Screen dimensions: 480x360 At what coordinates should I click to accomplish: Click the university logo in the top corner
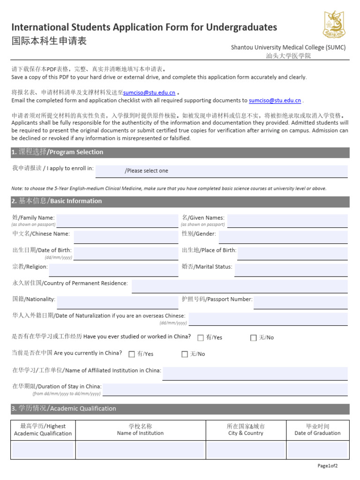tap(334, 25)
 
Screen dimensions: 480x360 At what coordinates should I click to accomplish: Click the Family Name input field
tap(117, 221)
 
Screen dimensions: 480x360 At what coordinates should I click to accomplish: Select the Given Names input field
tap(287, 221)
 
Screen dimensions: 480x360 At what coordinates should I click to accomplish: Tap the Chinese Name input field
tap(126, 237)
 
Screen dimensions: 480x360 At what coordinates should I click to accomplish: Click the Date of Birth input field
tap(126, 253)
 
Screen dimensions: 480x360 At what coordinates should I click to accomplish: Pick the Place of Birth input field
tap(292, 253)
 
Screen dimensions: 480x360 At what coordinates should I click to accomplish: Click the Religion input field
tap(113, 270)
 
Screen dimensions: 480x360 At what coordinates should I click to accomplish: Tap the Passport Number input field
tap(300, 302)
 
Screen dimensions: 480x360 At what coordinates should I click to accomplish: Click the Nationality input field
tap(117, 302)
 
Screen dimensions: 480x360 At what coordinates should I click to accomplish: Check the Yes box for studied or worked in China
tap(201, 337)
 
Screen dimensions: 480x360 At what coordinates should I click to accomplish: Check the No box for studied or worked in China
tap(254, 337)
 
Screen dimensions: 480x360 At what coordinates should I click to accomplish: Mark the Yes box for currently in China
tap(132, 354)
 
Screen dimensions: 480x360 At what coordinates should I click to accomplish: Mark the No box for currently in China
tap(185, 354)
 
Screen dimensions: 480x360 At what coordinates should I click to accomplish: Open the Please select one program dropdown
tap(222, 171)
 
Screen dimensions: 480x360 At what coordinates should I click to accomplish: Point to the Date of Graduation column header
tap(317, 430)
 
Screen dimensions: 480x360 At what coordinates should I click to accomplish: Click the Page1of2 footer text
tap(327, 465)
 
